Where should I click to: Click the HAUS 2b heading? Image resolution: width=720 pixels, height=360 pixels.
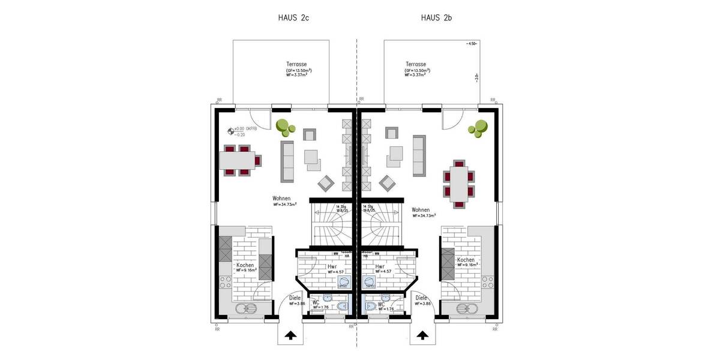436,18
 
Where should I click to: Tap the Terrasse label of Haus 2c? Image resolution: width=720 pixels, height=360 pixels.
298,64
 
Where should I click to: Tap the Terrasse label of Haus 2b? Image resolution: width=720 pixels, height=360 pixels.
416,64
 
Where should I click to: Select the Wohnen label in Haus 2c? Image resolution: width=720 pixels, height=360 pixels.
281,199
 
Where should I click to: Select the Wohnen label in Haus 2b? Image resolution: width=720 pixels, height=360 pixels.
421,211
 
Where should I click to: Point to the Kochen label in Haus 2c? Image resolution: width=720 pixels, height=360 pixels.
245,265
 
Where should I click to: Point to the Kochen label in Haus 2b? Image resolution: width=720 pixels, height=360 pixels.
466,260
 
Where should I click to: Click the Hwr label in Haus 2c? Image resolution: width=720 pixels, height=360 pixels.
331,266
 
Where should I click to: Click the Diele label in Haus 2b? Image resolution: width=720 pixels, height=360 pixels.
421,298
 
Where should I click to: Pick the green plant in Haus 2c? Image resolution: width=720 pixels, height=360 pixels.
285,127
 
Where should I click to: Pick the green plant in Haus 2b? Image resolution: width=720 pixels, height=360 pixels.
479,128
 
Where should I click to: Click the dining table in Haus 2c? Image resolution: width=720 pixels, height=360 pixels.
236,160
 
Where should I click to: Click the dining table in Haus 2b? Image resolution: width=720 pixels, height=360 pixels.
459,184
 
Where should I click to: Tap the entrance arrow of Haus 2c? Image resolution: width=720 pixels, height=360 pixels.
290,335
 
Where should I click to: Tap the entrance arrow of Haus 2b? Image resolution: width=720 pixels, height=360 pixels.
423,335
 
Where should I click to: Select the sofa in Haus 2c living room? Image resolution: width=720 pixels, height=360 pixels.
288,160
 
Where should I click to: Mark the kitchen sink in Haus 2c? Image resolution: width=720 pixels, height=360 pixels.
245,310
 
